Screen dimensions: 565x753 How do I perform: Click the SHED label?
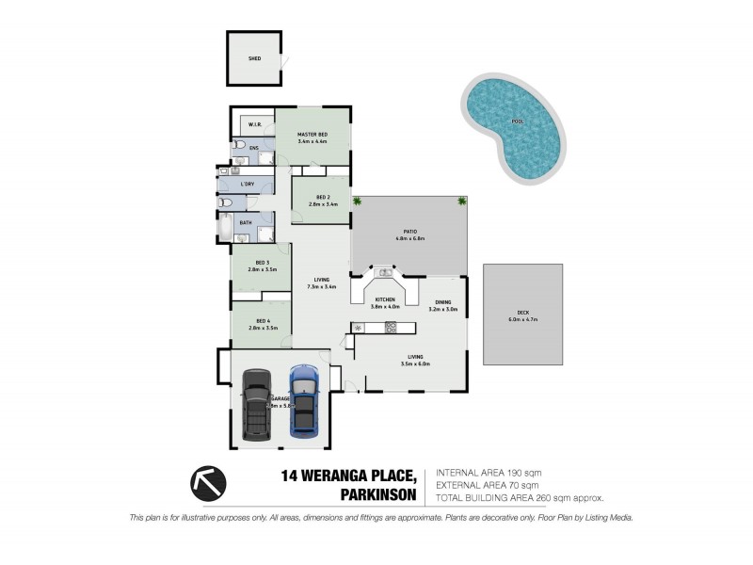[253, 58]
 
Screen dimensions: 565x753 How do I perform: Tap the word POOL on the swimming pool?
[516, 122]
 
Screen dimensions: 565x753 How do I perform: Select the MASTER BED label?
[312, 135]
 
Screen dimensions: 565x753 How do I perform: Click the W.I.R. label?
[254, 124]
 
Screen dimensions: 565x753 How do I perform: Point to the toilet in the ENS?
[240, 147]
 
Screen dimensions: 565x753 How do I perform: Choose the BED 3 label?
[262, 263]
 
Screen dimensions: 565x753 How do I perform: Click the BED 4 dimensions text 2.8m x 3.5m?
[262, 329]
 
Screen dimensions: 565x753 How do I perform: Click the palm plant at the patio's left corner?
[358, 201]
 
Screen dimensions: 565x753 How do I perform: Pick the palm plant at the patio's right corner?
[461, 201]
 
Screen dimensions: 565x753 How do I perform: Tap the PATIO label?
[409, 234]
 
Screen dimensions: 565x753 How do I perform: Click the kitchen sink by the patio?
[384, 273]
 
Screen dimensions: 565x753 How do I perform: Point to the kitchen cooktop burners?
[390, 328]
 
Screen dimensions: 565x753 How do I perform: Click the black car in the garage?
[256, 403]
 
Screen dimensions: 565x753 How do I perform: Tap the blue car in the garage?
[303, 400]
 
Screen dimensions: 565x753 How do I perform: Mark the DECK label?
[522, 314]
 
